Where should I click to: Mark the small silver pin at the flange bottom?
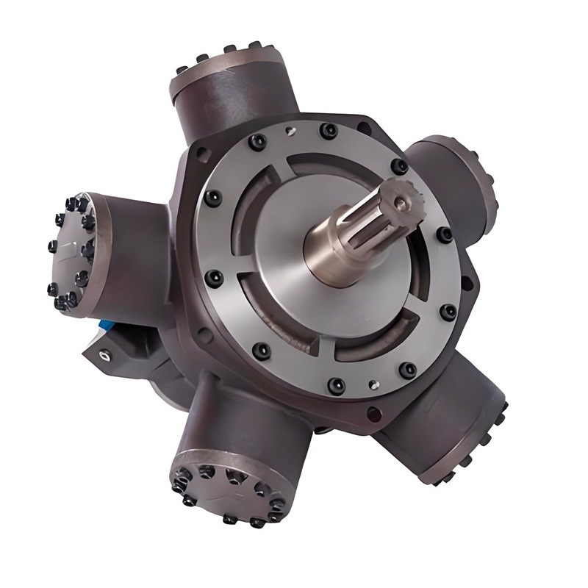(376, 383)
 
